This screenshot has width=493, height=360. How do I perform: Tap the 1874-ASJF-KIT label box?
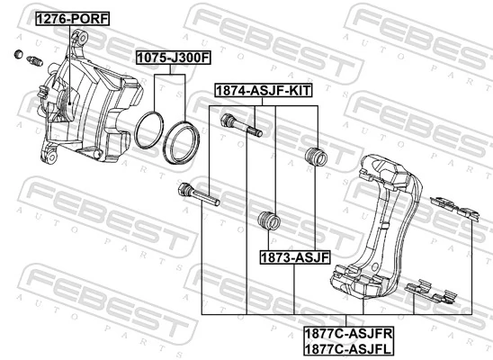coord(264,90)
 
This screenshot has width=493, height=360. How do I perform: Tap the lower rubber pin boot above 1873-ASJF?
coord(266,220)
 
